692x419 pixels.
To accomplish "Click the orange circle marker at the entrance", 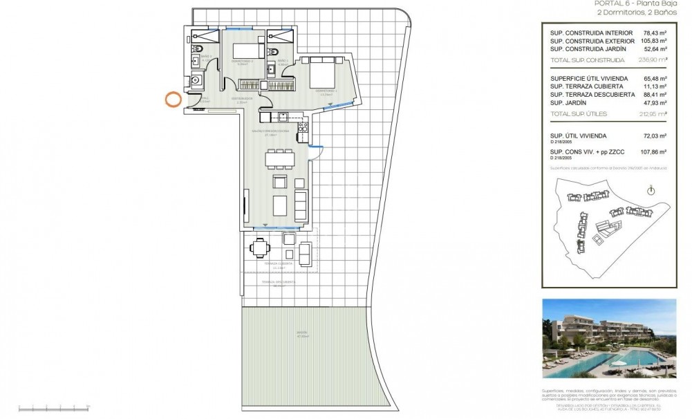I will (171, 100).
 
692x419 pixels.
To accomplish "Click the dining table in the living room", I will (281, 159).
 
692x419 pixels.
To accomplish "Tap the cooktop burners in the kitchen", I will (301, 127).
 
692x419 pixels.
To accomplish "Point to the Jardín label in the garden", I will (301, 333).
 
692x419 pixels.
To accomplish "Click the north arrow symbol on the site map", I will (650, 190).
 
